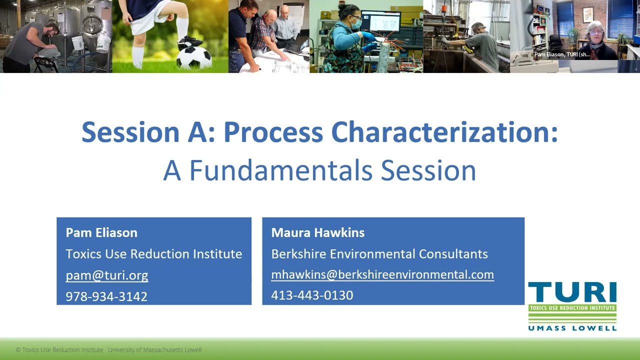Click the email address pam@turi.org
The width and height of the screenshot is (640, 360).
(106, 275)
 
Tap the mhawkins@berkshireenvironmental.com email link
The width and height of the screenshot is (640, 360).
(382, 274)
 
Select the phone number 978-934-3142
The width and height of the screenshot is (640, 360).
(106, 296)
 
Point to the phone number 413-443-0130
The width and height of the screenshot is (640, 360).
(312, 295)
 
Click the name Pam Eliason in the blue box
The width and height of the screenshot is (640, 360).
(101, 232)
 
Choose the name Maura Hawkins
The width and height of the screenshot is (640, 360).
(317, 232)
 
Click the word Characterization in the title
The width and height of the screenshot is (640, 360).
(444, 132)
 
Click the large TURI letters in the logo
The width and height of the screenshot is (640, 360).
(572, 292)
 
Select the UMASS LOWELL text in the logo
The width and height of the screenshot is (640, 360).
(572, 328)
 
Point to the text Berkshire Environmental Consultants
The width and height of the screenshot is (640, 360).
(379, 254)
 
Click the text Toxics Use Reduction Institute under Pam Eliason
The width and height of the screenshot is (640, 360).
(153, 254)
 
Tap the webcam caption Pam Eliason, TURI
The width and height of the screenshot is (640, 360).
(562, 54)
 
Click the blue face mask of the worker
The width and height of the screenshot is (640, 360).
(355, 23)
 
